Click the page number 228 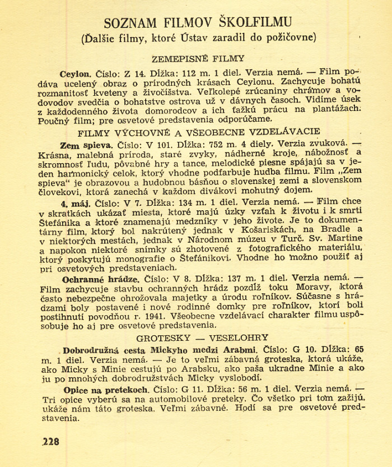50,441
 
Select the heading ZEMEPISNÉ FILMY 199,58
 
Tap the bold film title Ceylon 74,73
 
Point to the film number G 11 176,387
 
